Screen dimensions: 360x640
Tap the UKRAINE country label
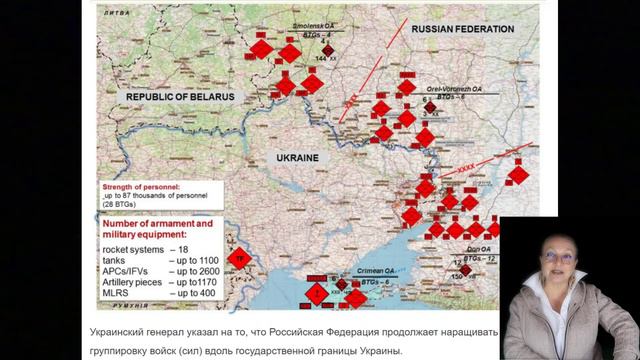tap(297, 159)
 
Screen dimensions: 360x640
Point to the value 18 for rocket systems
tap(180, 248)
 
